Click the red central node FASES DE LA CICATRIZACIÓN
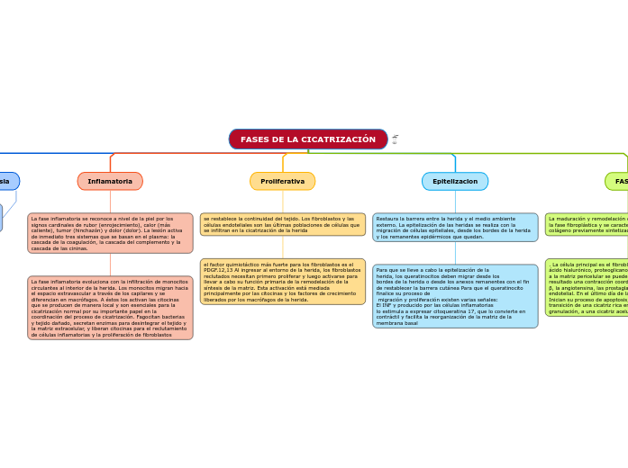tap(308, 139)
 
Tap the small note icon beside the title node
tap(395, 139)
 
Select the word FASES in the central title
tap(256, 139)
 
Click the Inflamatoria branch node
tap(110, 181)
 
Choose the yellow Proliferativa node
tap(282, 181)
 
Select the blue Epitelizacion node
tap(454, 181)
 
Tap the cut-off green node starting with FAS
tap(618, 181)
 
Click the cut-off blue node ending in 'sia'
tap(7, 181)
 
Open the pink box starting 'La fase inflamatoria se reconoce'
tap(110, 233)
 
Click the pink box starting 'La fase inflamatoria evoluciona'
tap(110, 308)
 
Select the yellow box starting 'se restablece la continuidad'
tap(282, 224)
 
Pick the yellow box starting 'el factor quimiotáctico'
tap(282, 282)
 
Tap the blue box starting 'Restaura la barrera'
tap(454, 228)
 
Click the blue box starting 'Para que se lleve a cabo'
tap(454, 296)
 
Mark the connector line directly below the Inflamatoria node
tap(110, 202)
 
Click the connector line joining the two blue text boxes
tap(455, 253)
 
